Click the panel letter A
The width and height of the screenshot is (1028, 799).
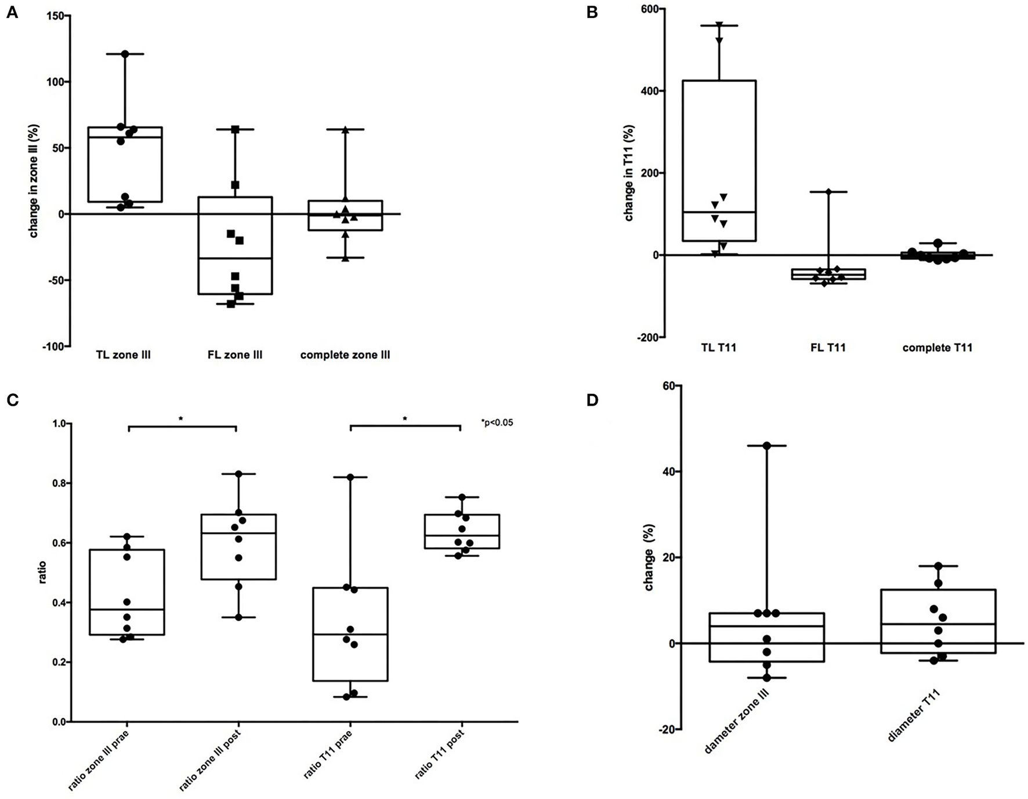[x=12, y=12]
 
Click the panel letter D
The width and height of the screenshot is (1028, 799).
[x=592, y=400]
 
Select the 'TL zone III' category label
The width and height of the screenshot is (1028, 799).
[x=124, y=355]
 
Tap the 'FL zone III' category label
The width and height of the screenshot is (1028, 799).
[x=235, y=355]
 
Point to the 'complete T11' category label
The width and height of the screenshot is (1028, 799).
[x=937, y=348]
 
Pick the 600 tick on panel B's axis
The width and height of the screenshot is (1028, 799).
[x=653, y=9]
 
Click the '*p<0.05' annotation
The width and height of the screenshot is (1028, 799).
[x=497, y=422]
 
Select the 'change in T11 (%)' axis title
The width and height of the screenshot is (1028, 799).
[x=629, y=173]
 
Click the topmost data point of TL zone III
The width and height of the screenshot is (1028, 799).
[x=125, y=54]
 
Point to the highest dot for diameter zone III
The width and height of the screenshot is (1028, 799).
[x=767, y=446]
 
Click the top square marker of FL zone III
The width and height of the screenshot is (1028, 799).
[x=236, y=129]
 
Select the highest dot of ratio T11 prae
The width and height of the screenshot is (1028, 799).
[x=350, y=477]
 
